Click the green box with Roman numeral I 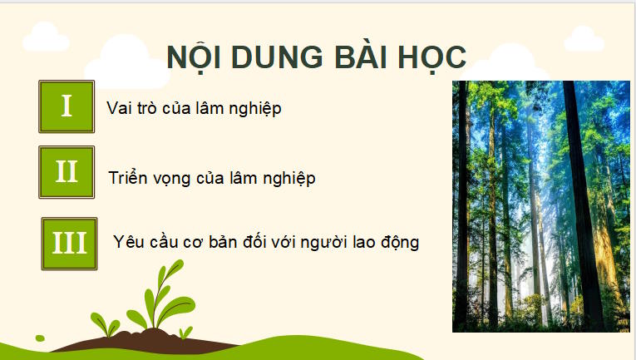[x=67, y=106]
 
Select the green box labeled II [x=67, y=172]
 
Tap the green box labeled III [x=69, y=243]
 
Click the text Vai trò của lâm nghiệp [x=195, y=108]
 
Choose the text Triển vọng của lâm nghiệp [x=212, y=178]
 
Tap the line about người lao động [x=265, y=243]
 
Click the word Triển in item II [x=128, y=178]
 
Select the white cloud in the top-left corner [x=46, y=35]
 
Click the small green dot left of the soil [x=39, y=338]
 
